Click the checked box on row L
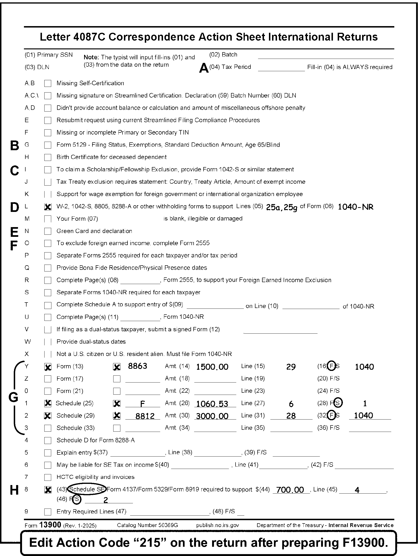coord(48,207)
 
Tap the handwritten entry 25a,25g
coord(282,207)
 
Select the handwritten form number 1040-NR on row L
coord(355,207)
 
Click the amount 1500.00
coord(212,367)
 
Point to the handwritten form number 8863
coord(138,366)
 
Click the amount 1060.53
coord(212,404)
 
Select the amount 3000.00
coord(212,416)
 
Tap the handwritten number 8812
coord(145,416)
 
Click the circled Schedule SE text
coord(87,489)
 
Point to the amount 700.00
coord(290,490)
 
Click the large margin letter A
coord(204,68)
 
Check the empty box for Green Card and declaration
coord(48,231)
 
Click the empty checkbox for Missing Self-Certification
coord(48,84)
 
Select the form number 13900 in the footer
coord(50,525)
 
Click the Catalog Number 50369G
coord(147,525)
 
